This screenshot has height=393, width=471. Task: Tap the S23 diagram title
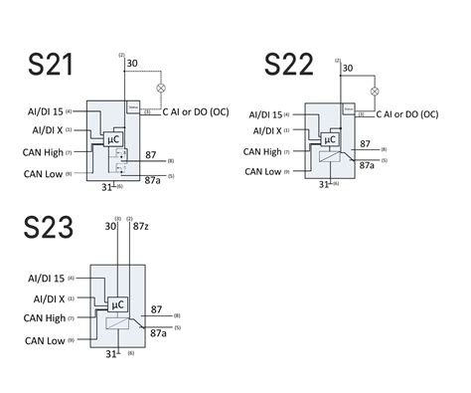(x=49, y=230)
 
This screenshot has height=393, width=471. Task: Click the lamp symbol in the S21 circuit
(x=161, y=88)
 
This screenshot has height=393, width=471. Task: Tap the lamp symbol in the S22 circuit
(x=375, y=91)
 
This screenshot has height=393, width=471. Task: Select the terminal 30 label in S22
(x=347, y=69)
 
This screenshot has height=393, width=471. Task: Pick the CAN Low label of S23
(x=50, y=341)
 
